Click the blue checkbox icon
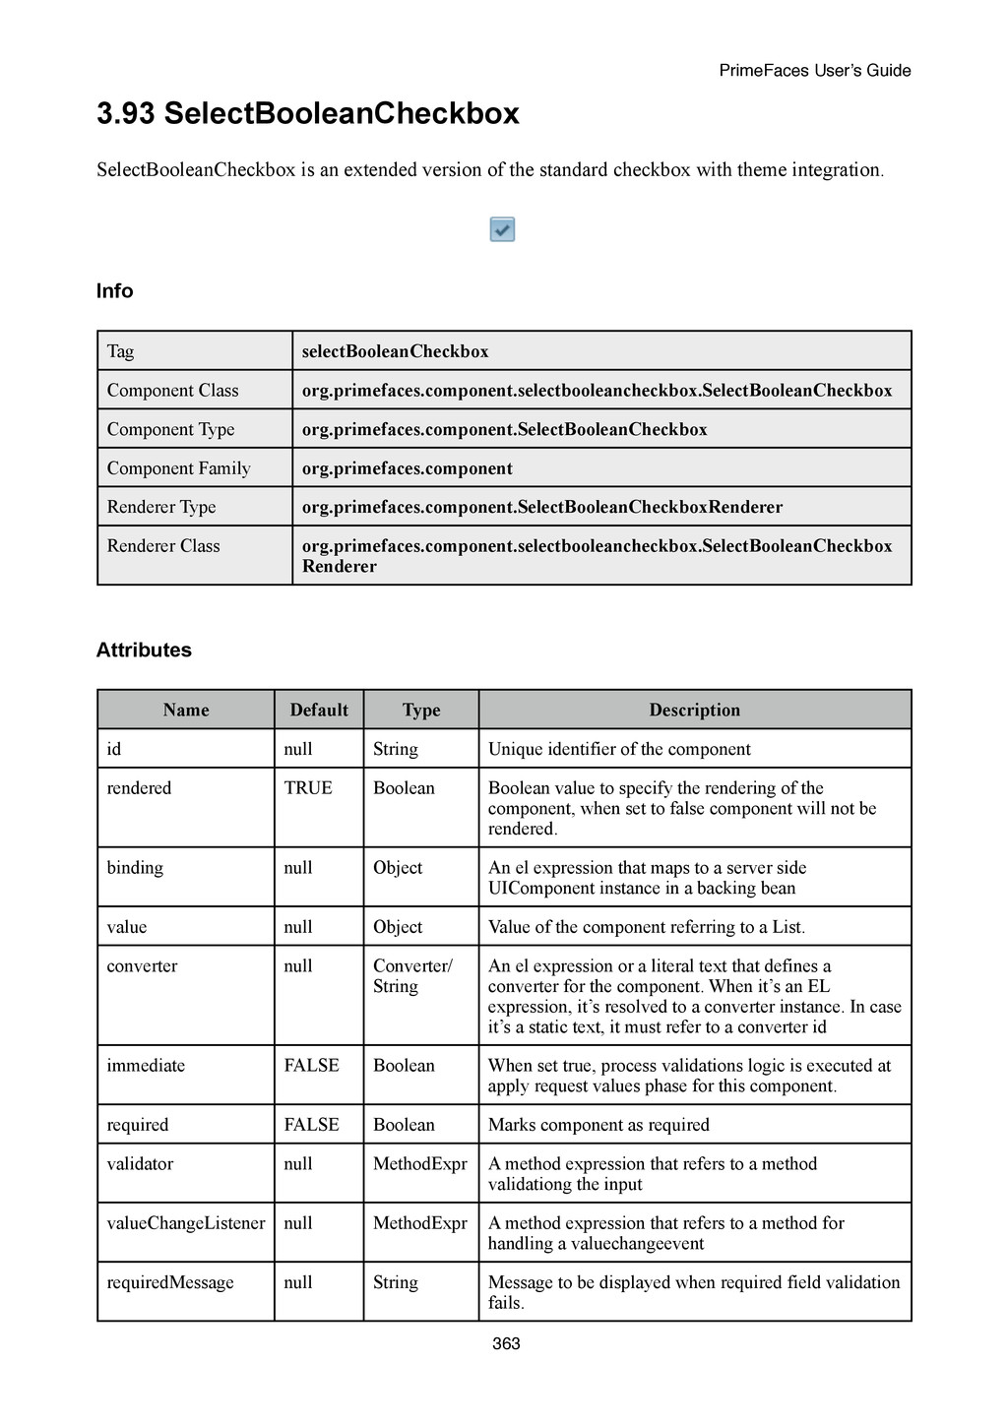[x=502, y=229]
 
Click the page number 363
[x=506, y=1343]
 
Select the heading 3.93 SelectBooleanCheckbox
[x=307, y=114]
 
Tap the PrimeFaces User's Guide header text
[x=814, y=70]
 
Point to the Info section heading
[x=114, y=290]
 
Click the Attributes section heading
[x=144, y=650]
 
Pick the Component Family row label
[x=178, y=468]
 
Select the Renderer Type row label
[x=161, y=507]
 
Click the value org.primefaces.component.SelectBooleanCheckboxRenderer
[x=541, y=507]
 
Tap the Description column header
[x=694, y=710]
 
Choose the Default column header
[x=318, y=710]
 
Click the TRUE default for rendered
[x=308, y=788]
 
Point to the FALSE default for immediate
[x=311, y=1065]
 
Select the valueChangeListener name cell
[x=186, y=1223]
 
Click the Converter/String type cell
[x=411, y=976]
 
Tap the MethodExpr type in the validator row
[x=419, y=1164]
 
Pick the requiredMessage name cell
[x=170, y=1282]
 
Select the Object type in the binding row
[x=398, y=868]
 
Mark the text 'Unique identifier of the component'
[x=619, y=749]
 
